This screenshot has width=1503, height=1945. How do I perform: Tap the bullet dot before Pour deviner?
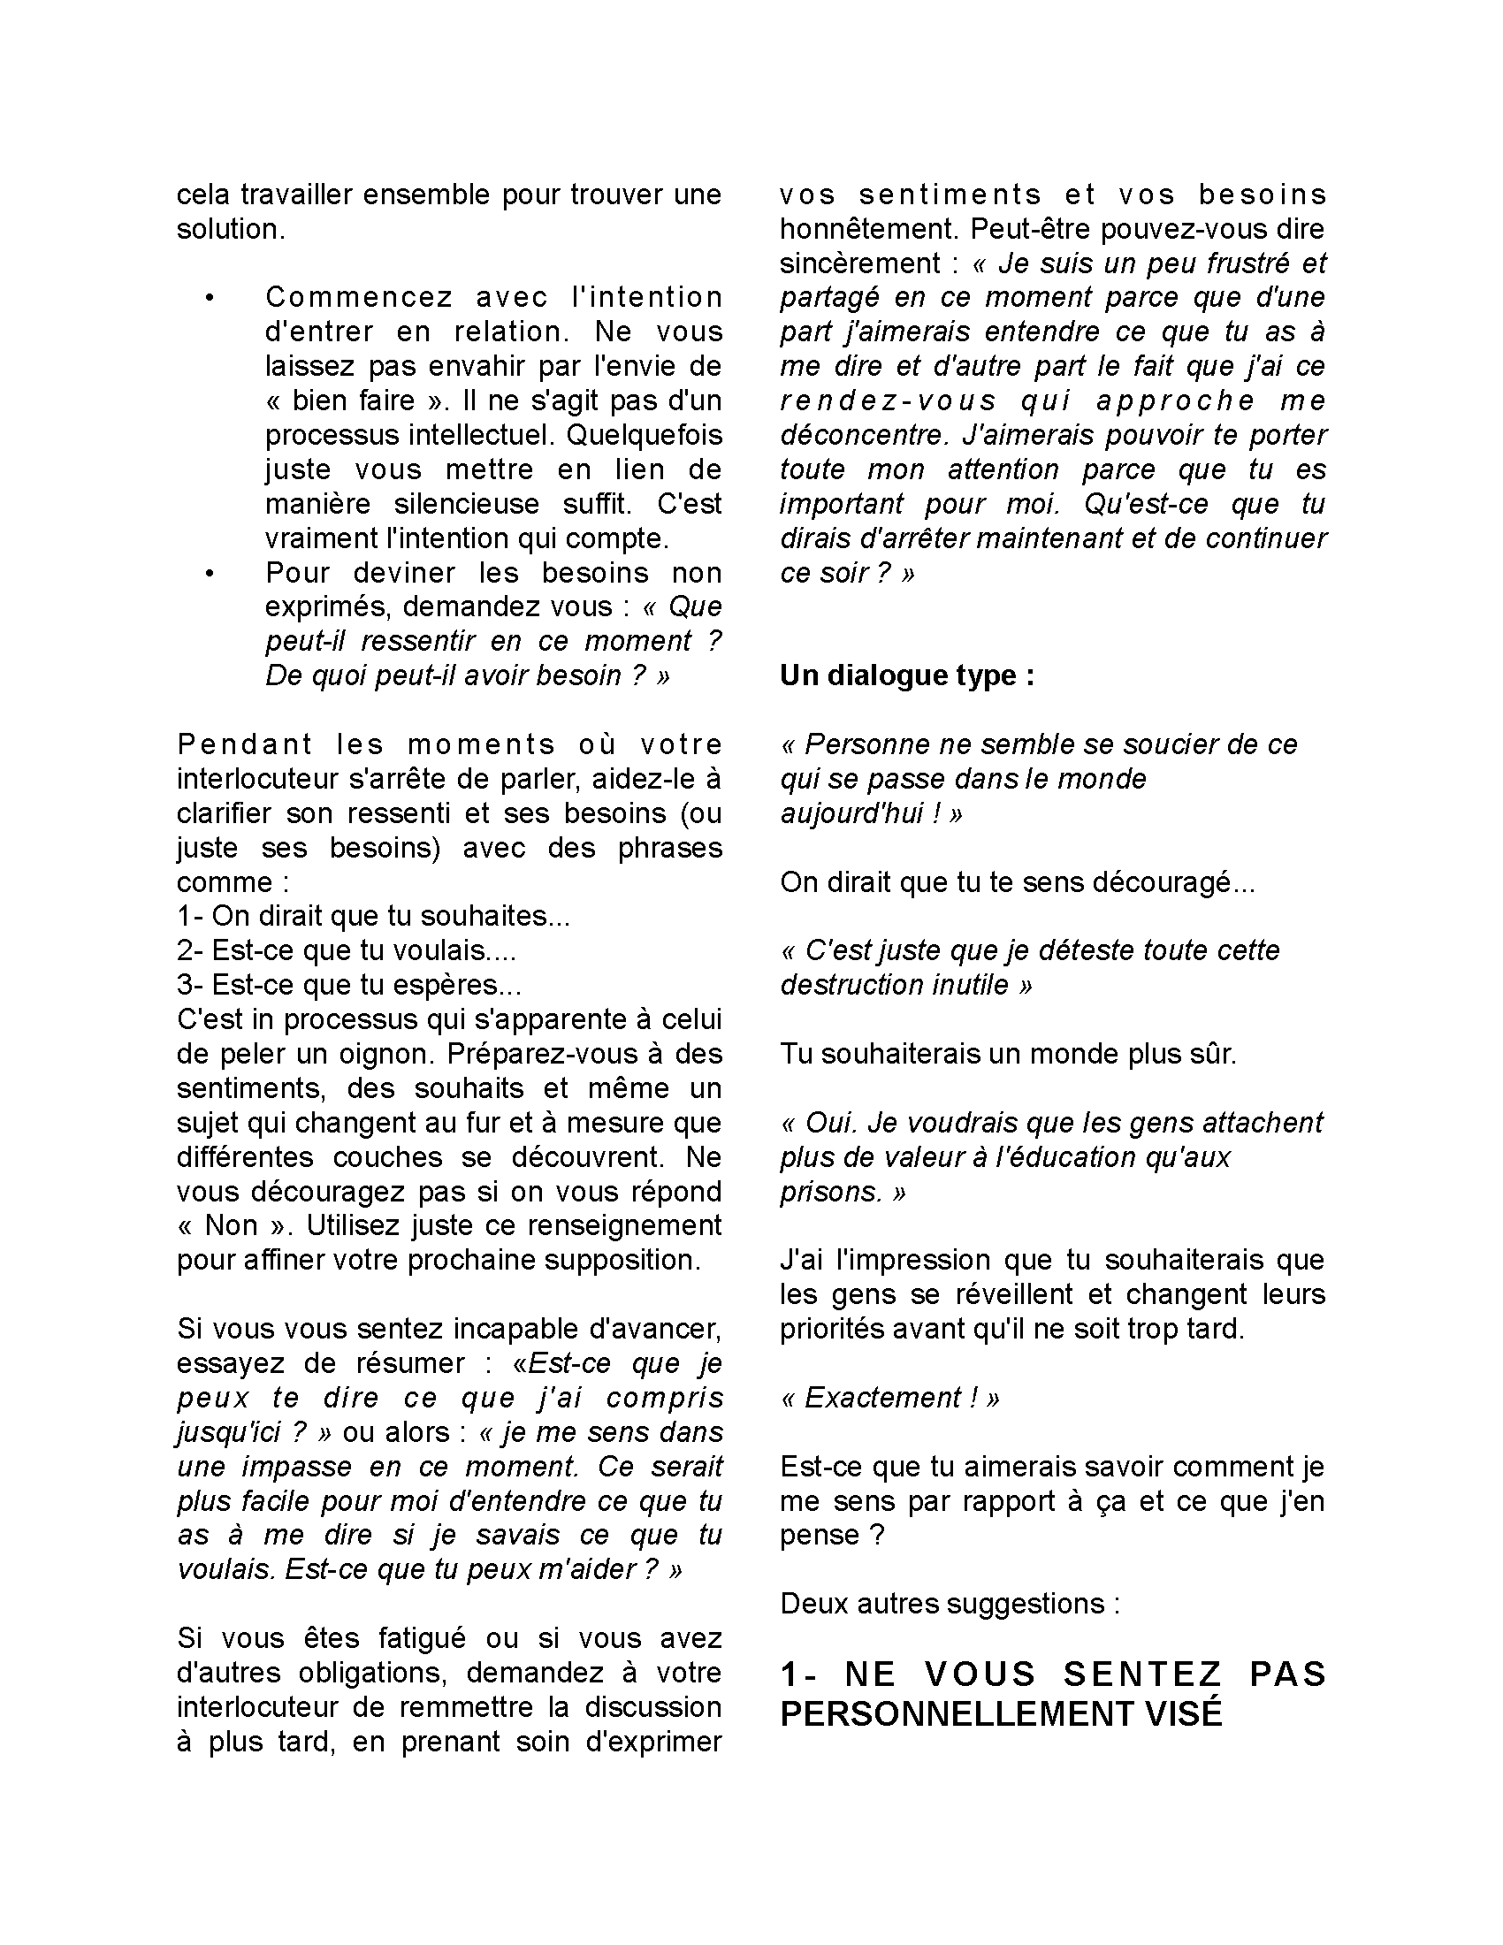(x=210, y=574)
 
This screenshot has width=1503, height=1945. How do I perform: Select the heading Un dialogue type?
(x=907, y=676)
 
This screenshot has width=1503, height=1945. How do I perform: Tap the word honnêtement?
(x=868, y=229)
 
